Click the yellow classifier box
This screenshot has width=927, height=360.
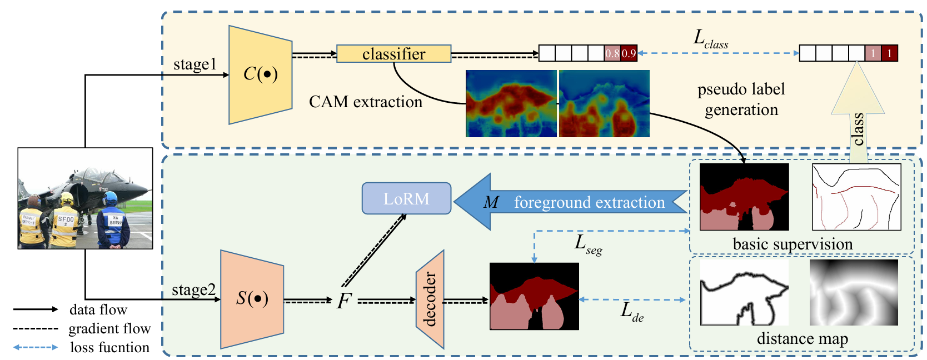393,54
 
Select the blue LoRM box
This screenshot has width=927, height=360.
406,198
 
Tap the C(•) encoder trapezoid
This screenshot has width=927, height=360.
260,74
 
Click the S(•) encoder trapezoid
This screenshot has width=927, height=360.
252,299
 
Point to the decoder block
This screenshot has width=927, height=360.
430,299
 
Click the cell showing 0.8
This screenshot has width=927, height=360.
612,53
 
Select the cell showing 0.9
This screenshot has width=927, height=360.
629,53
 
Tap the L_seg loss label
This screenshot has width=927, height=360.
587,244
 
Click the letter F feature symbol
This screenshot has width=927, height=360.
344,301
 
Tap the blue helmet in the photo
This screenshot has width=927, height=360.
109,197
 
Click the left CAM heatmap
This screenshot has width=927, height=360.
511,103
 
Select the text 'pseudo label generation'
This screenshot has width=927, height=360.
741,99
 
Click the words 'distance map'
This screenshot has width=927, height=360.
802,338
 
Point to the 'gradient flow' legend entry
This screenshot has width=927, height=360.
109,328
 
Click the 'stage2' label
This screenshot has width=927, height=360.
193,289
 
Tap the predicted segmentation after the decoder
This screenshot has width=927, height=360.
534,296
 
